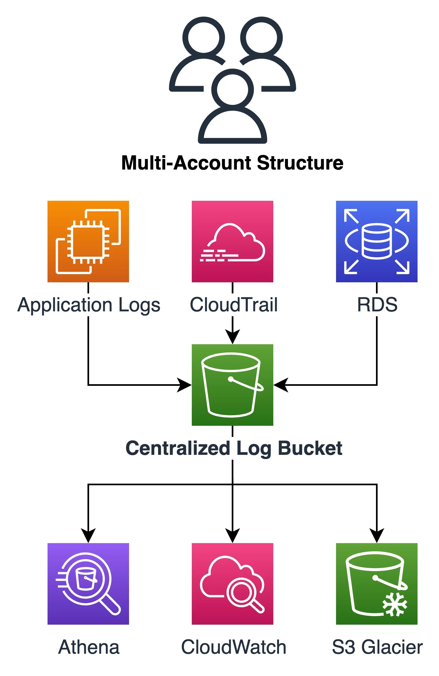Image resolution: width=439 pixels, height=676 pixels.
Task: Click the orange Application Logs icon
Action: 88,241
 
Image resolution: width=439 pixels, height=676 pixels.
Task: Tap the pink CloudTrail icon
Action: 232,241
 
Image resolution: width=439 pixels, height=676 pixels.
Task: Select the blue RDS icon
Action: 377,241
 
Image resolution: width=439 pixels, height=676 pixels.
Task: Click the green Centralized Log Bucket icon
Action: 232,385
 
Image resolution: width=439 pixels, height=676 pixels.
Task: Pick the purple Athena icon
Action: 88,584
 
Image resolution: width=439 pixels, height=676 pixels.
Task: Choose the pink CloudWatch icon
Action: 232,584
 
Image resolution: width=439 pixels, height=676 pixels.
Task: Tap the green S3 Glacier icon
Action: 377,584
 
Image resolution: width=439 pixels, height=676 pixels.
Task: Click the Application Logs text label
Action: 89,305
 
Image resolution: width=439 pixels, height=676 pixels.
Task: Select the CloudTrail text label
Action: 233,305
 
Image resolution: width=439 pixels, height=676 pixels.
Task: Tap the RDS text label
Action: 377,305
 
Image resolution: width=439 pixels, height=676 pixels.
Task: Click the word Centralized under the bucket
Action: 178,448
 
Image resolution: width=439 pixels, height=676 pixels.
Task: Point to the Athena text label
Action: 89,647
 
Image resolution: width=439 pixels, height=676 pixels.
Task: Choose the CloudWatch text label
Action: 233,647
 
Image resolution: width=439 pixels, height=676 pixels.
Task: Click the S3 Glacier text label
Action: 377,647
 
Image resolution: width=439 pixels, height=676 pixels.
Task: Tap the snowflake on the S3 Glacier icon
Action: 394,604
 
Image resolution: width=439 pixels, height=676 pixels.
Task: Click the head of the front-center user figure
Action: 232,89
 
